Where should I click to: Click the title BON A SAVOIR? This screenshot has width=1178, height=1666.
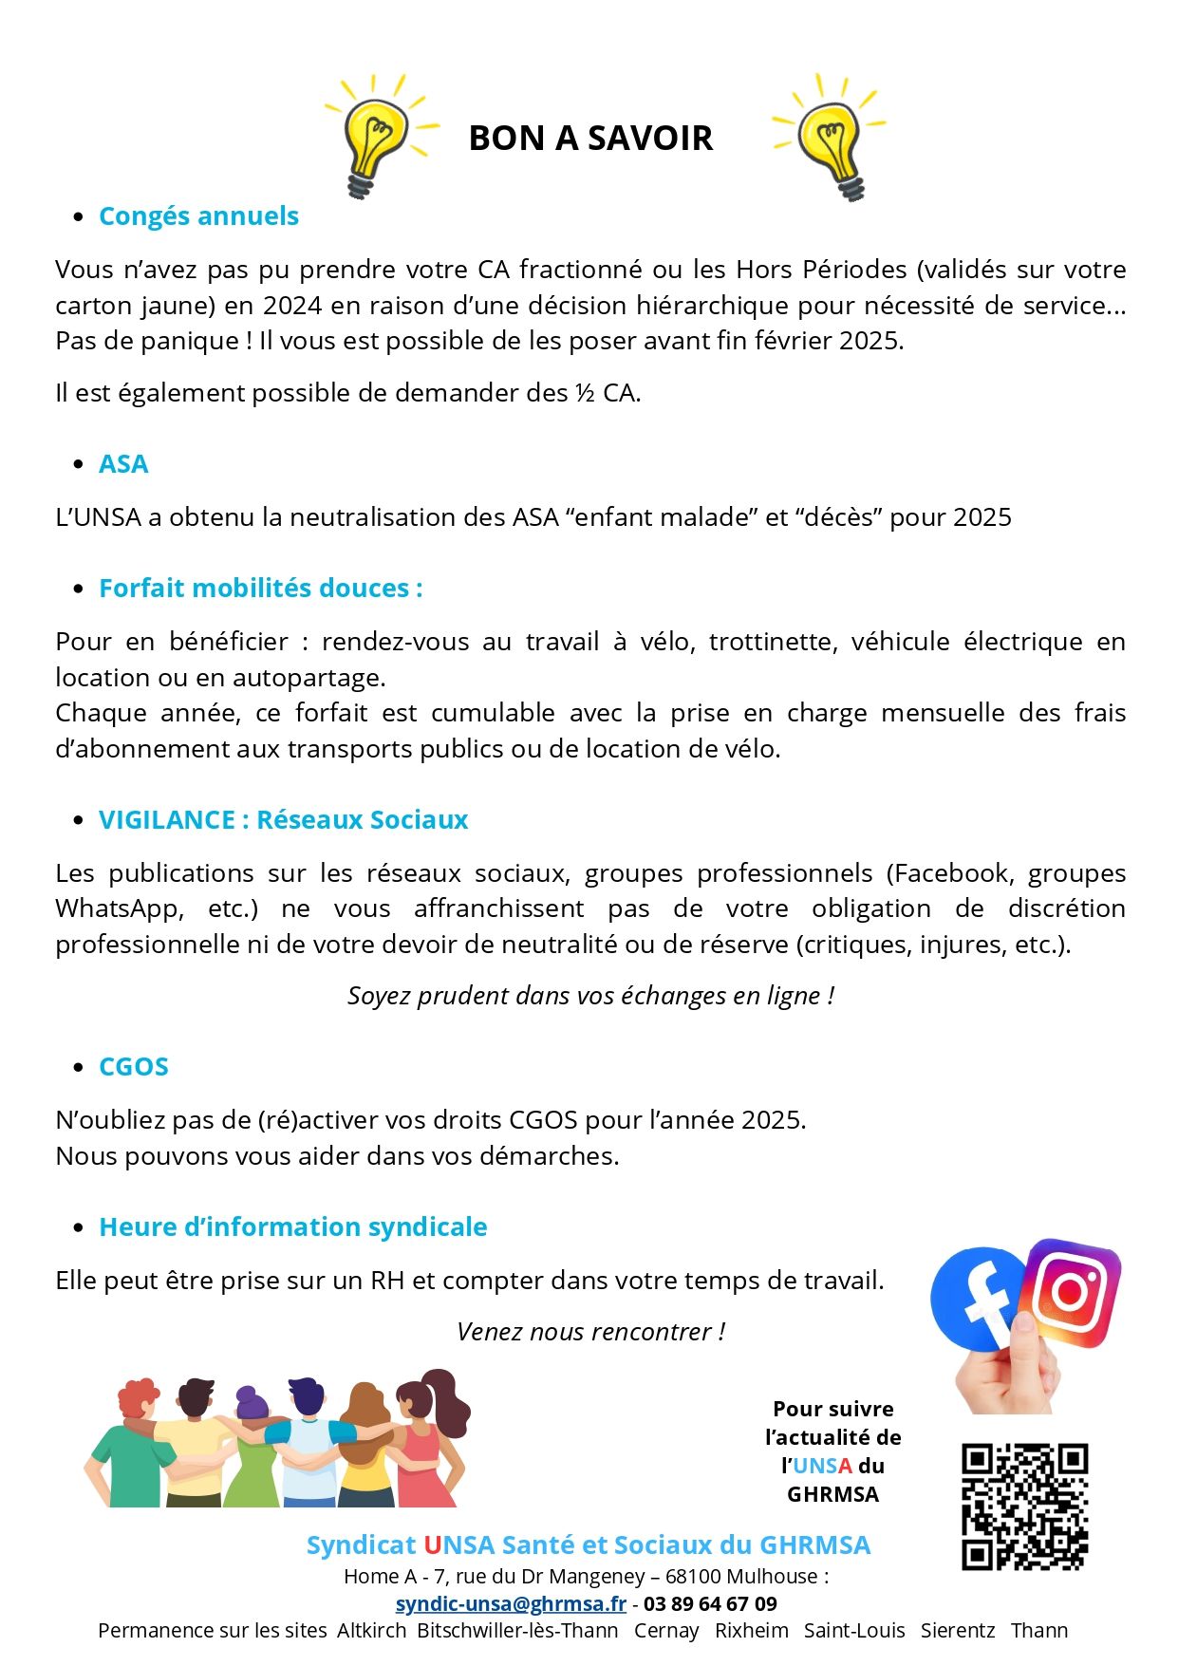pos(589,139)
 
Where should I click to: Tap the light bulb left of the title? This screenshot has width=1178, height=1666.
pos(375,136)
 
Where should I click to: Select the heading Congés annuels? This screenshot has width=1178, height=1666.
pos(198,216)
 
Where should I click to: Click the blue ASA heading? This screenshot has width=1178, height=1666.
pos(123,464)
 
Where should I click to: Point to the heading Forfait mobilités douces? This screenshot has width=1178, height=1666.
pos(260,589)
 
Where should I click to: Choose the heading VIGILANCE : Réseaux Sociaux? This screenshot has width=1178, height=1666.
pos(283,820)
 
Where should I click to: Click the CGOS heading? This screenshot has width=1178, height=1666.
pos(134,1067)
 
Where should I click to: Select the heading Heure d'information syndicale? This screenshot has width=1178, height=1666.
pos(292,1227)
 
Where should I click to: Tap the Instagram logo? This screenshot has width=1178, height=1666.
pos(1072,1292)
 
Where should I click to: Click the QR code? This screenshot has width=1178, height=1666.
pos(1024,1507)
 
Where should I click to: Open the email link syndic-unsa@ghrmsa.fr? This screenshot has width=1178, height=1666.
pos(511,1604)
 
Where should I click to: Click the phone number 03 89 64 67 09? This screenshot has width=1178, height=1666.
pos(710,1604)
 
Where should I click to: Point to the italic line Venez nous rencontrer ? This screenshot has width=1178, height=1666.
pos(590,1332)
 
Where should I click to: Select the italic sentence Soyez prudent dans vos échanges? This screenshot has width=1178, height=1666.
pos(590,996)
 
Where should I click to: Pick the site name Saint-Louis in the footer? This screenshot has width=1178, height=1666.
pos(854,1631)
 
